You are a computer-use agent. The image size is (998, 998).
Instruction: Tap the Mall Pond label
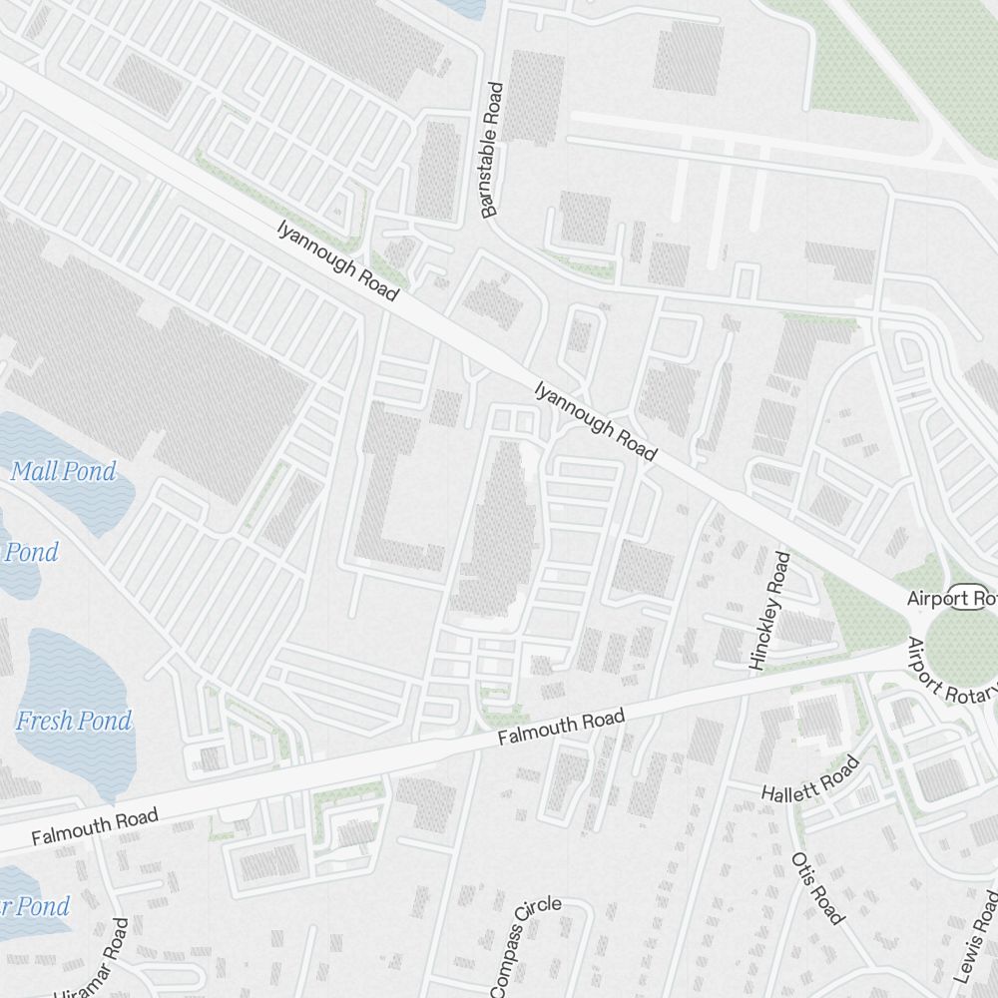click(63, 471)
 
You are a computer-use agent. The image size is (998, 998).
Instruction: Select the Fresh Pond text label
click(74, 720)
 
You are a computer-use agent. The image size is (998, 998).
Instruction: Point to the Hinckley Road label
click(768, 610)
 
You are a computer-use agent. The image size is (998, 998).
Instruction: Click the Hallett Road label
click(809, 779)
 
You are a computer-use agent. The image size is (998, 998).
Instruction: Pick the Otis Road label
click(817, 888)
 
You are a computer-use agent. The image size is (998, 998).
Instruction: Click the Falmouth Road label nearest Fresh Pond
click(94, 827)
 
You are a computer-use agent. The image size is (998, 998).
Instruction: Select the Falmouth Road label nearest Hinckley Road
click(561, 729)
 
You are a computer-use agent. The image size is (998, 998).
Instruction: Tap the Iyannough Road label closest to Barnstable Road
click(338, 260)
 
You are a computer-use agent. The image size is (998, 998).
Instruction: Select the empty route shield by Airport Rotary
click(962, 597)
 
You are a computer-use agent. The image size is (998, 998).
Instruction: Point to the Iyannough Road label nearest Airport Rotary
click(595, 420)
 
